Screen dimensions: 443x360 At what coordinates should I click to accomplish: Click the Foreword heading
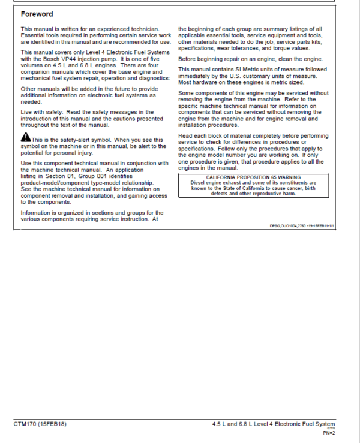37,14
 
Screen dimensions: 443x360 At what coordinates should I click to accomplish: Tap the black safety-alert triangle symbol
25,139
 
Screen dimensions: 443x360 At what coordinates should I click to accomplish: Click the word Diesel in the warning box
200,183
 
